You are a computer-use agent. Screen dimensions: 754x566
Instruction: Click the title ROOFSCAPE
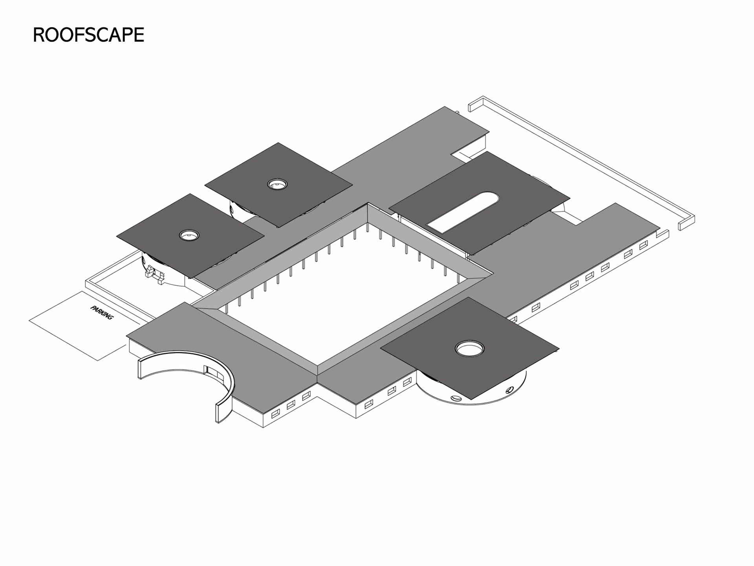(88, 35)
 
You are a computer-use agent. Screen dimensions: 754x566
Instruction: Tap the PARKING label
(102, 312)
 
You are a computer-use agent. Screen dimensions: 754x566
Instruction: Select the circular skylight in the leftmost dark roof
(189, 235)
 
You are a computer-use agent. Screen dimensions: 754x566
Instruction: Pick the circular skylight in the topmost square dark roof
(277, 184)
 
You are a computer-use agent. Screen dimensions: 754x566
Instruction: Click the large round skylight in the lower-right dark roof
(469, 348)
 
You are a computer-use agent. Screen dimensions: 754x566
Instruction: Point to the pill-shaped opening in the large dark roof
(463, 211)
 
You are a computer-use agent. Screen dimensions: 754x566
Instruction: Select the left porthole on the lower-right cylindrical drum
(456, 398)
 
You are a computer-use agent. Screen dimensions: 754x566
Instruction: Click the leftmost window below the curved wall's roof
(275, 413)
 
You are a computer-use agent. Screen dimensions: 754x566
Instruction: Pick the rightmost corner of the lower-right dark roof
(558, 348)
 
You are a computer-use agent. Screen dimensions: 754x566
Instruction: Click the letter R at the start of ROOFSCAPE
(39, 35)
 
